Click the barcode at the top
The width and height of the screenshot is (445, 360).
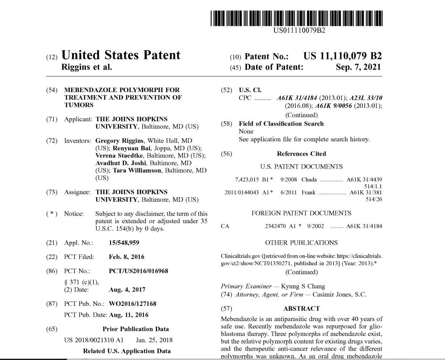point(297,17)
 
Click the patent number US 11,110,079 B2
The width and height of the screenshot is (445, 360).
point(342,56)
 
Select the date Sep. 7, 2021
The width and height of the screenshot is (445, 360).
point(358,67)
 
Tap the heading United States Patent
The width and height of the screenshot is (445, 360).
point(121,55)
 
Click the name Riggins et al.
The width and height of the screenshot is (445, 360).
point(86,68)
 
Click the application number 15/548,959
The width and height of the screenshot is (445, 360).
point(124,242)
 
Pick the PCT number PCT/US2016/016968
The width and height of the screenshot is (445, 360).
point(139,271)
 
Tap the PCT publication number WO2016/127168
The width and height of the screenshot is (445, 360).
point(133,304)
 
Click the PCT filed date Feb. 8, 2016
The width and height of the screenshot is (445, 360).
point(127,257)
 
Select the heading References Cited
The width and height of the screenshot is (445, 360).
point(301,153)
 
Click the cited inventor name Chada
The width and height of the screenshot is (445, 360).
point(309,179)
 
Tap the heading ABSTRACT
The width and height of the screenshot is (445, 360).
point(301,309)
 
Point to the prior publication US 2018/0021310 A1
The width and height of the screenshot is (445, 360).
point(94,340)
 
